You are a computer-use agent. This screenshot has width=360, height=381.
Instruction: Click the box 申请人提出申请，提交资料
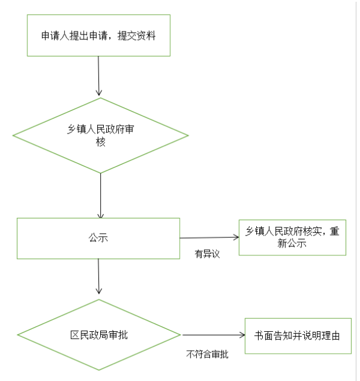(x=99, y=35)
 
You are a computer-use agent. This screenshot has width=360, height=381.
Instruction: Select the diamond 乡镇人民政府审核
(x=101, y=135)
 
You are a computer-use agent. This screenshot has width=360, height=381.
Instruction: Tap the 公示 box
(x=98, y=238)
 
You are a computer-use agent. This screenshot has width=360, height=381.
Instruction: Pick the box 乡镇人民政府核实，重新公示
(x=293, y=238)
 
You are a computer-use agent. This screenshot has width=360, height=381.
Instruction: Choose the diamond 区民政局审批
(x=99, y=335)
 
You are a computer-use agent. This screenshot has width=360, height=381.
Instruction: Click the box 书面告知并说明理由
(x=298, y=336)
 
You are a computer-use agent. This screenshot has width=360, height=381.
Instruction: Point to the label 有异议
(x=207, y=254)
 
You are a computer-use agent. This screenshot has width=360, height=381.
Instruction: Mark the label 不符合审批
(x=208, y=354)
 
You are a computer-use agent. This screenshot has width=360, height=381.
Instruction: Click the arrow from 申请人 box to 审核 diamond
(x=98, y=76)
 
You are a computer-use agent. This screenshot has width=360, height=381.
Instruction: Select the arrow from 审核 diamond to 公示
(x=101, y=196)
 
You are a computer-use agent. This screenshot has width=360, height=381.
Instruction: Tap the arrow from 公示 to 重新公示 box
(x=209, y=238)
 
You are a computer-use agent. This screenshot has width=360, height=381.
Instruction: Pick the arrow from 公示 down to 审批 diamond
(x=98, y=277)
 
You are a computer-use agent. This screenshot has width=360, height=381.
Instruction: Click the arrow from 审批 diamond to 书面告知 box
(x=214, y=335)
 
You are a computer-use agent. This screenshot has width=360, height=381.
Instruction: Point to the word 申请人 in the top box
(x=55, y=35)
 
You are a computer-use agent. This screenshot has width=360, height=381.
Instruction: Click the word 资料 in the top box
(x=146, y=35)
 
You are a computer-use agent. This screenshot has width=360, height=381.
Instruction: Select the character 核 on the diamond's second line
(x=101, y=142)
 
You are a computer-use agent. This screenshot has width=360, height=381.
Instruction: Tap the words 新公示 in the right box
(x=292, y=243)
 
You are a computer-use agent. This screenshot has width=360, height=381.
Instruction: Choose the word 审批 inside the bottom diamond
(x=118, y=335)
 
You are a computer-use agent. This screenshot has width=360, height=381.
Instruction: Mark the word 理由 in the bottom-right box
(x=331, y=336)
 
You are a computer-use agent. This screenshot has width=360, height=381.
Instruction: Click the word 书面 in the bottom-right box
(x=263, y=336)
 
